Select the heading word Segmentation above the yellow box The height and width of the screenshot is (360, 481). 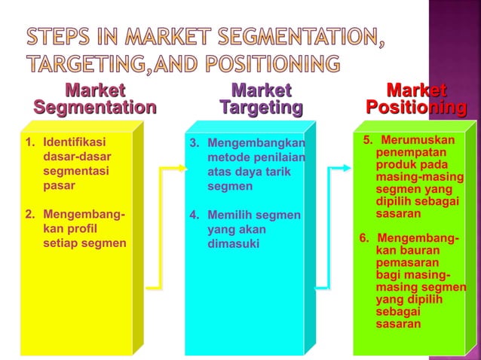(94, 108)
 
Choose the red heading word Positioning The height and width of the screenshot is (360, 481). (415, 108)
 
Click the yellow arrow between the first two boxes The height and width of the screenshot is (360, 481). (160, 226)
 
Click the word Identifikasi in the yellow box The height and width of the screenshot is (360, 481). (75, 142)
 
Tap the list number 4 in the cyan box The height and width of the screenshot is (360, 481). (193, 216)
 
